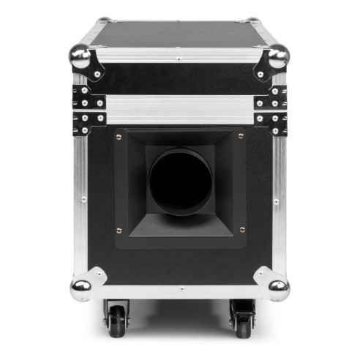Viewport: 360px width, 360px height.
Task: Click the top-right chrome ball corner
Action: [x=278, y=56]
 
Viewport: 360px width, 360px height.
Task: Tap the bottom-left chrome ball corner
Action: [x=80, y=288]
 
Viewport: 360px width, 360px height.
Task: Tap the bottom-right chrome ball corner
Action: [x=278, y=288]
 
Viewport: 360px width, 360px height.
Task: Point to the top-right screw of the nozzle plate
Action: [x=241, y=136]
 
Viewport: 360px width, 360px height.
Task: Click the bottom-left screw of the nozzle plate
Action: [x=119, y=229]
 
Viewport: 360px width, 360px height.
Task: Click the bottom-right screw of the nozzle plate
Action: [x=241, y=229]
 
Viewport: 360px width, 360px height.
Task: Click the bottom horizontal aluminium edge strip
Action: [x=180, y=291]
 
